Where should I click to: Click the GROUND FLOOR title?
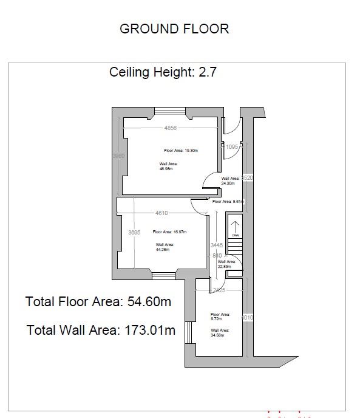(174, 29)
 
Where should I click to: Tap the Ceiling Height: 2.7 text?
(163, 72)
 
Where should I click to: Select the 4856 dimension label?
(171, 128)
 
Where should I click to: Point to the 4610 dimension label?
(161, 213)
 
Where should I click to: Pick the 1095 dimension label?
(232, 146)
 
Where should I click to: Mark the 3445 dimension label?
(217, 245)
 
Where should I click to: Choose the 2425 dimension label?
(219, 291)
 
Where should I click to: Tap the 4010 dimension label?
(246, 318)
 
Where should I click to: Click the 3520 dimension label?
(246, 178)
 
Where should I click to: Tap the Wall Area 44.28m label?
(163, 247)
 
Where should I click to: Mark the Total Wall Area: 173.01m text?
(101, 331)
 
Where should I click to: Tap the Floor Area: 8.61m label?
(228, 201)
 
